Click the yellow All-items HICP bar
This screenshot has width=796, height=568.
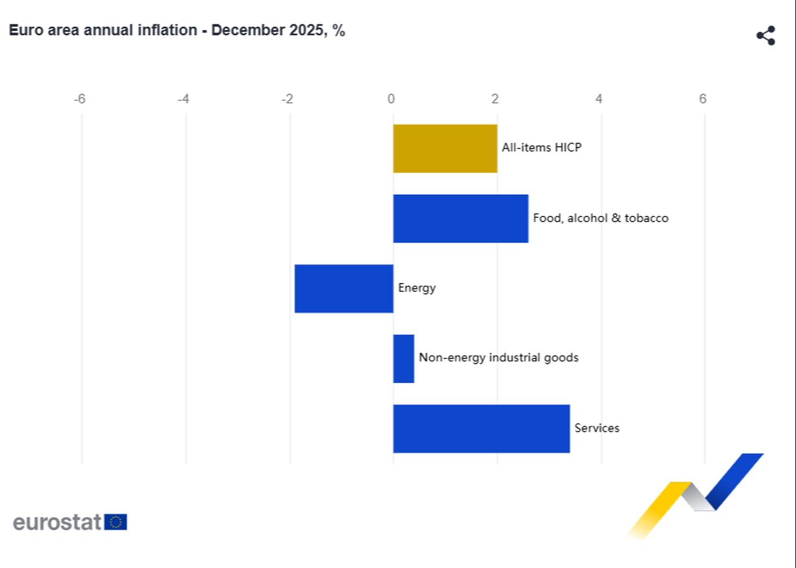click(445, 148)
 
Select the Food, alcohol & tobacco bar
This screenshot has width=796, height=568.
click(460, 218)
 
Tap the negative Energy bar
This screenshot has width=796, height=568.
click(344, 288)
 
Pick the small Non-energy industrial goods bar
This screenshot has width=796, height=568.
click(404, 358)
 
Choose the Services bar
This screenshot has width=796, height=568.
click(481, 429)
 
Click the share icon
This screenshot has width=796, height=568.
click(766, 35)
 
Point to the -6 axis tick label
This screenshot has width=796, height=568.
click(80, 99)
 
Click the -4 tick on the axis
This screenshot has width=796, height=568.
click(183, 99)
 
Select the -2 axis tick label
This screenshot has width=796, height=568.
click(287, 99)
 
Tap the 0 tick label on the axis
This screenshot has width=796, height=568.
click(391, 99)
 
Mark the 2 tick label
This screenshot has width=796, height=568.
click(495, 99)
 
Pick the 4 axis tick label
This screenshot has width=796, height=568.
click(599, 99)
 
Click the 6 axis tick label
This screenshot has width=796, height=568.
click(703, 99)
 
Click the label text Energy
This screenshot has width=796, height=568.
click(417, 288)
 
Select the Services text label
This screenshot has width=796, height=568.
click(596, 428)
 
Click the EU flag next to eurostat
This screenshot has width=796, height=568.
click(116, 522)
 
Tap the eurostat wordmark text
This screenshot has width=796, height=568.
click(57, 522)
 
